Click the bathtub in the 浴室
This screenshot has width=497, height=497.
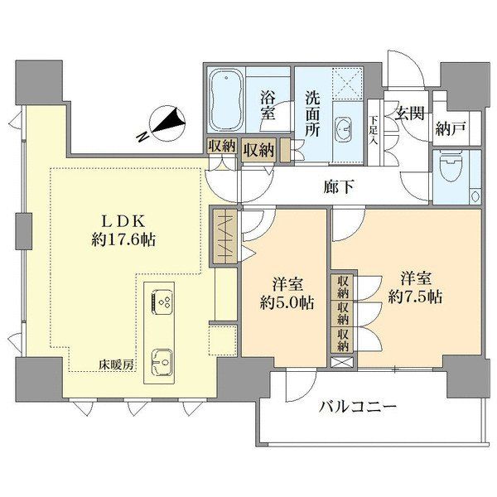pos(226,100)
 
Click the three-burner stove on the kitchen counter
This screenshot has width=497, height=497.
pos(162,302)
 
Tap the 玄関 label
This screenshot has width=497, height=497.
pos(409,113)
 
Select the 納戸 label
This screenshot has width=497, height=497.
pos(450,128)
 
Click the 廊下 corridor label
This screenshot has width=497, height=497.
pos(339,186)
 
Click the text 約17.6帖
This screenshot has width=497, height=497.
pos(123,240)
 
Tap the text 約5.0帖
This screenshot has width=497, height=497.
pos(287,302)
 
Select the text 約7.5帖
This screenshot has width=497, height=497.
pos(415,297)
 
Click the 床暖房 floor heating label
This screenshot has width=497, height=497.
pos(116,365)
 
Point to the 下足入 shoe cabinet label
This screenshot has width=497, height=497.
pos(374,130)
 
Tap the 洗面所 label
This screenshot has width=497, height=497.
pos(312,113)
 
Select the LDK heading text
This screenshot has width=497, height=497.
pos(123,221)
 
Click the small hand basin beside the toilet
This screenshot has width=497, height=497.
pos(475,195)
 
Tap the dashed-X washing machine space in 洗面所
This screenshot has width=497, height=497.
pos(347,84)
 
